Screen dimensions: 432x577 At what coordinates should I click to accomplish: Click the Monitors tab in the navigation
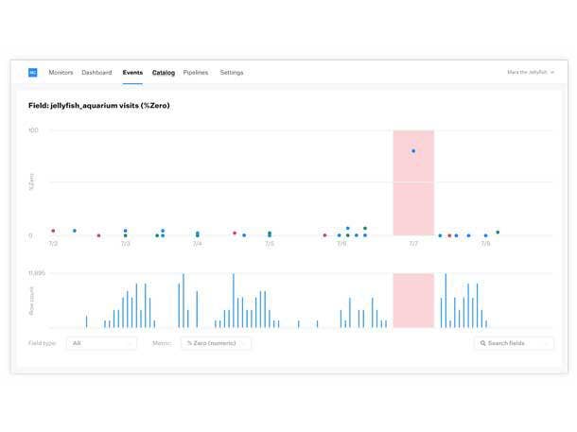[x=61, y=73]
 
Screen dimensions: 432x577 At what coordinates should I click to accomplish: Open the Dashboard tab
[x=96, y=73]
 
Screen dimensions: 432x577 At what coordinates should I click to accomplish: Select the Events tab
[x=132, y=73]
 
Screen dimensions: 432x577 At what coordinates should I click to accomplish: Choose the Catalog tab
[x=164, y=73]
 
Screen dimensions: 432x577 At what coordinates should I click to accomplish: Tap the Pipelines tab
[x=196, y=73]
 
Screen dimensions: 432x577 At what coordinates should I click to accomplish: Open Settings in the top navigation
[x=232, y=73]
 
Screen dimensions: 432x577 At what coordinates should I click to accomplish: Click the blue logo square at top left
[x=33, y=73]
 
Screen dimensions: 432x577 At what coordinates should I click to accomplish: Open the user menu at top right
[x=531, y=73]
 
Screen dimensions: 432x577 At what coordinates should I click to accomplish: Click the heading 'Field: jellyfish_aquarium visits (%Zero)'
[x=99, y=106]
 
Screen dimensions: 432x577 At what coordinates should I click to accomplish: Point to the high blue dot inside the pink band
[x=413, y=151]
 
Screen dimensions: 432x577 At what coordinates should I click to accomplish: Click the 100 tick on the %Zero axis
[x=33, y=130]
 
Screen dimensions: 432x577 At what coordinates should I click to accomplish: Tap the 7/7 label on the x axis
[x=413, y=244]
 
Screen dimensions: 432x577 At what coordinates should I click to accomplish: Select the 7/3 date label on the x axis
[x=125, y=244]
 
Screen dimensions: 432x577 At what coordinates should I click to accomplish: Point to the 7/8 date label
[x=485, y=244]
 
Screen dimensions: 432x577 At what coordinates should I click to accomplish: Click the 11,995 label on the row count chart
[x=37, y=273]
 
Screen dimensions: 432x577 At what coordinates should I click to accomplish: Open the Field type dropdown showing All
[x=101, y=343]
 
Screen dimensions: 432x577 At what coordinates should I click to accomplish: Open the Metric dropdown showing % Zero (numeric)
[x=216, y=343]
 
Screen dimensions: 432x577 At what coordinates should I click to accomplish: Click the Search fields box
[x=514, y=343]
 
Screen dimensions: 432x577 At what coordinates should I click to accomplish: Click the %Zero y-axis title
[x=31, y=181]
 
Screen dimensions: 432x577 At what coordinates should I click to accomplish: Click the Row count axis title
[x=31, y=301]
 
